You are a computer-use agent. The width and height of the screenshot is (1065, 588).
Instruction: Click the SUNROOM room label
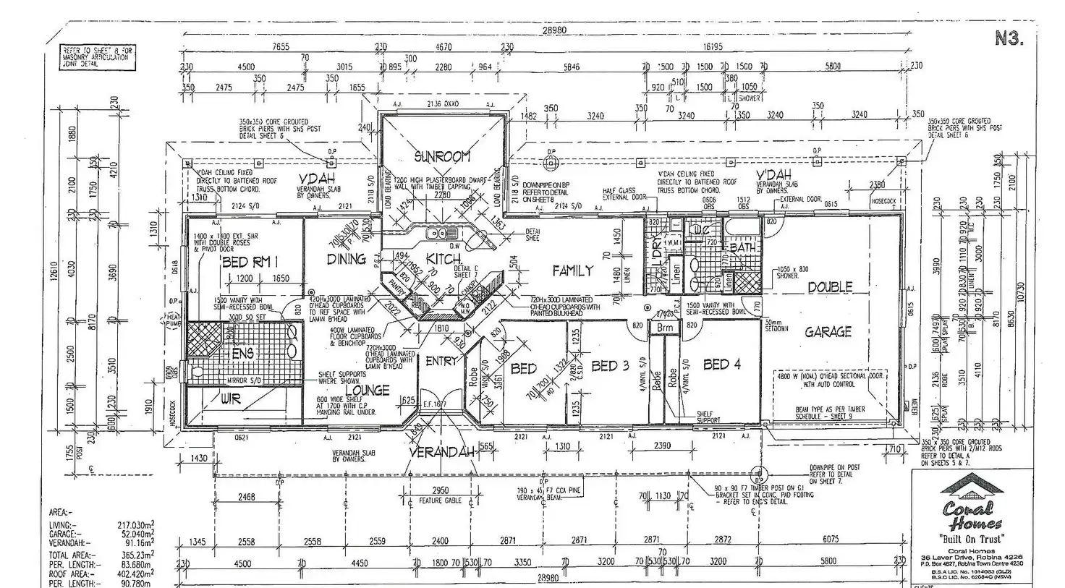point(442,155)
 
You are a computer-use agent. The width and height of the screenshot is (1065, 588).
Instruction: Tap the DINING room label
point(346,258)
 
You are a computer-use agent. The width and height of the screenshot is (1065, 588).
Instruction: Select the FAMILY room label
point(572,270)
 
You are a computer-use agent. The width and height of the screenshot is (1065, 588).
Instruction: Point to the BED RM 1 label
point(250,262)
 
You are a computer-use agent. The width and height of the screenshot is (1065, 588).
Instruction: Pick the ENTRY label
point(441,361)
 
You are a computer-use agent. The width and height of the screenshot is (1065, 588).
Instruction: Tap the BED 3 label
point(610,366)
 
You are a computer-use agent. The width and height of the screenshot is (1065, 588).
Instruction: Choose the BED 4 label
point(721,365)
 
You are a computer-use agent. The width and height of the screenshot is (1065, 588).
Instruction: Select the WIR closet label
point(231,399)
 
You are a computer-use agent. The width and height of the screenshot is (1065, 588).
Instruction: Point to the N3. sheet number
point(1009,38)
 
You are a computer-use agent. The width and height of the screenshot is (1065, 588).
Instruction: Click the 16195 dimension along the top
point(712,47)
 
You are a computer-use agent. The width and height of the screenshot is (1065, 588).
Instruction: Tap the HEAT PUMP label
point(174,320)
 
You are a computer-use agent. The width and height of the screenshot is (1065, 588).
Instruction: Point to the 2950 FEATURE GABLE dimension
point(440,491)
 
